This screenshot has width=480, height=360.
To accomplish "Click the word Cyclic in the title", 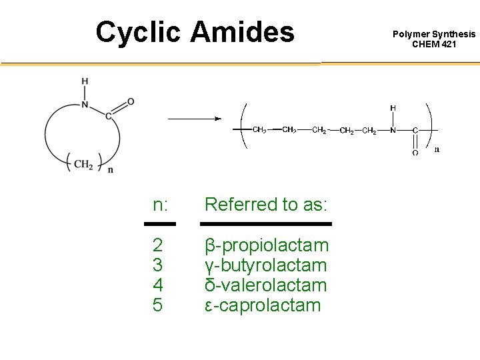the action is click(137, 32).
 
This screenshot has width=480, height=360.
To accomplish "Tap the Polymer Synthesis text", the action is click(434, 34).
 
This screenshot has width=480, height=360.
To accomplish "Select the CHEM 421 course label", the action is click(434, 44).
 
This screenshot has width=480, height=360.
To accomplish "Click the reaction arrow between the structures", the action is click(193, 119).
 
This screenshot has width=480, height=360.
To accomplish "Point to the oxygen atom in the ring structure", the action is click(131, 101).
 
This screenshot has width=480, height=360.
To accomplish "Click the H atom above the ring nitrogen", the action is click(85, 82).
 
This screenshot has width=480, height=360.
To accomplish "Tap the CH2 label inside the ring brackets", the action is click(83, 164).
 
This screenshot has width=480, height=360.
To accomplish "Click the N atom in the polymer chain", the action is click(393, 130).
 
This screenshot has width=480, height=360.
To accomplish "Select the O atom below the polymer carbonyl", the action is click(415, 153).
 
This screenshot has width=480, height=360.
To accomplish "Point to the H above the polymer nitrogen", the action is click(393, 107).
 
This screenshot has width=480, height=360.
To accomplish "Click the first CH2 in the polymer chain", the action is click(259, 130).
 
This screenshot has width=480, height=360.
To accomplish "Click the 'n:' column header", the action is click(160, 205).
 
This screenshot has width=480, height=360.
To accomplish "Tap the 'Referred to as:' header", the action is click(266, 205).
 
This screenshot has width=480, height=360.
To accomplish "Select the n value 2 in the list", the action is click(158, 245).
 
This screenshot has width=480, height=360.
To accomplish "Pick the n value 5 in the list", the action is click(158, 305).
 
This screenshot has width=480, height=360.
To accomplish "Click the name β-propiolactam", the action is click(266, 245).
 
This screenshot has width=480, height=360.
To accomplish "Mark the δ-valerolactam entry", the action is click(265, 285).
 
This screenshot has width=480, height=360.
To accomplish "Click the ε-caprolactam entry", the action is click(262, 305).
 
